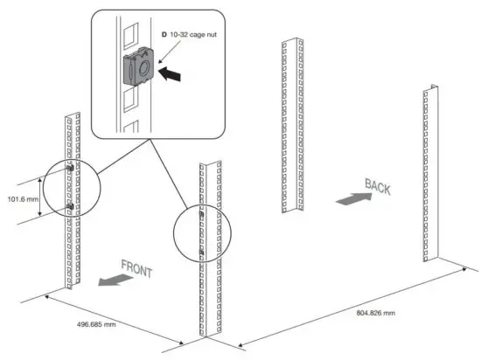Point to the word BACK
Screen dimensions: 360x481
pos(376,187)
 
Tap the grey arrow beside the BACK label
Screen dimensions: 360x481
pos(351,200)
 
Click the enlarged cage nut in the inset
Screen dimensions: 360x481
pos(138,68)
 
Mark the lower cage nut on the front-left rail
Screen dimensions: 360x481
pos(69,207)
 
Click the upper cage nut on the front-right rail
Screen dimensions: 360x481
pos(202,214)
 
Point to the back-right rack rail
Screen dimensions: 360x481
pos(430,175)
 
